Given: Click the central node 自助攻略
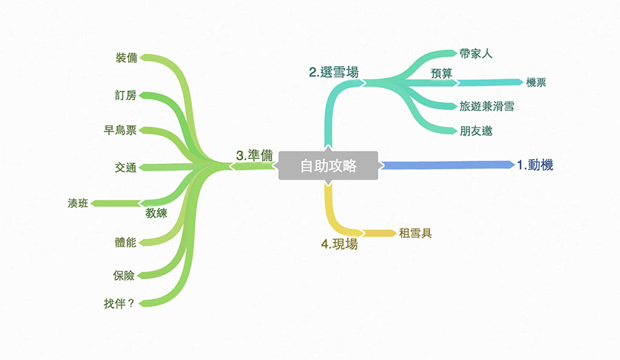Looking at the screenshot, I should click(329, 166).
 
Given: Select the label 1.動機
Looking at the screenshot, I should click(535, 165).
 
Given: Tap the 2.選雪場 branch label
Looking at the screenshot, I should click(333, 72).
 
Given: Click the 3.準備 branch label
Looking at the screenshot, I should click(250, 156).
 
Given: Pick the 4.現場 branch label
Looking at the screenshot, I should click(340, 244).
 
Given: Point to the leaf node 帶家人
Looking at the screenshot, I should click(476, 53).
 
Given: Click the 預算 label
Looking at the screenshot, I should click(442, 74).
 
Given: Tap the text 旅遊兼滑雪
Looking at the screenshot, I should click(487, 107).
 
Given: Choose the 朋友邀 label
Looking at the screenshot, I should click(476, 131).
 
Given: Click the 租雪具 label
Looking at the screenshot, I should click(415, 233).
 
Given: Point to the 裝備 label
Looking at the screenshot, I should click(126, 58).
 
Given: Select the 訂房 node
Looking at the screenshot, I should click(125, 95).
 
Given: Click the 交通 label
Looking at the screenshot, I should click(125, 167).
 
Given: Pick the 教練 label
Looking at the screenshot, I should click(156, 213).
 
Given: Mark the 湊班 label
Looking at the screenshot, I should click(78, 203).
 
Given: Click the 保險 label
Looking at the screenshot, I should click(125, 275).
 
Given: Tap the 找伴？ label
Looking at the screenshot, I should click(119, 302).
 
